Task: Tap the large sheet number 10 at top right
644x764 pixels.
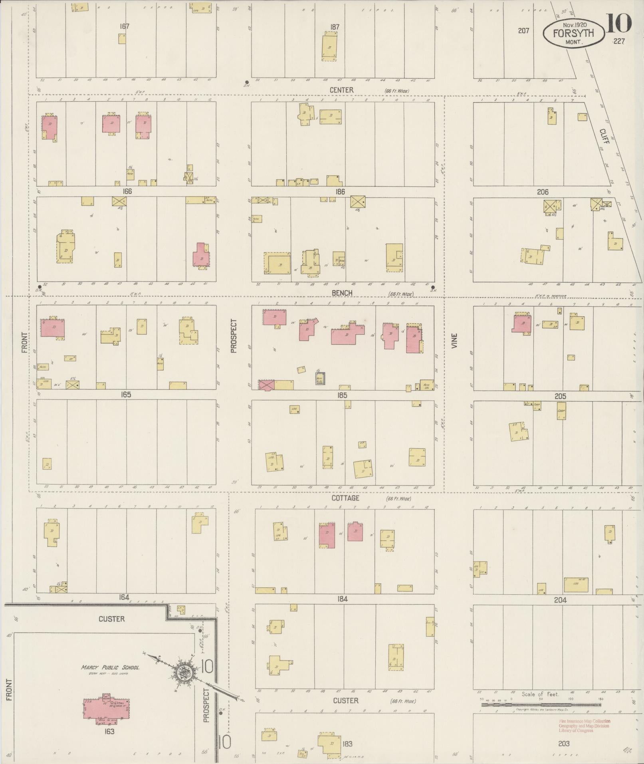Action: [x=619, y=23]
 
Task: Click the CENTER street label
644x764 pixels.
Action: [x=341, y=90]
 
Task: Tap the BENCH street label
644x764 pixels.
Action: [x=342, y=293]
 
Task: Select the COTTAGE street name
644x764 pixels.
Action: [x=345, y=498]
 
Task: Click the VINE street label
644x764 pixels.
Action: [x=454, y=341]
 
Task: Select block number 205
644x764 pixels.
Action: [x=560, y=396]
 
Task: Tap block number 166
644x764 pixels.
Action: [x=127, y=191]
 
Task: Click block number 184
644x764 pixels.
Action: [x=342, y=599]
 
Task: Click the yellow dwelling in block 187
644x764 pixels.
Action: [x=329, y=48]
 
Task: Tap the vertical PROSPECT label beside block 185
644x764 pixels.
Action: [x=234, y=335]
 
